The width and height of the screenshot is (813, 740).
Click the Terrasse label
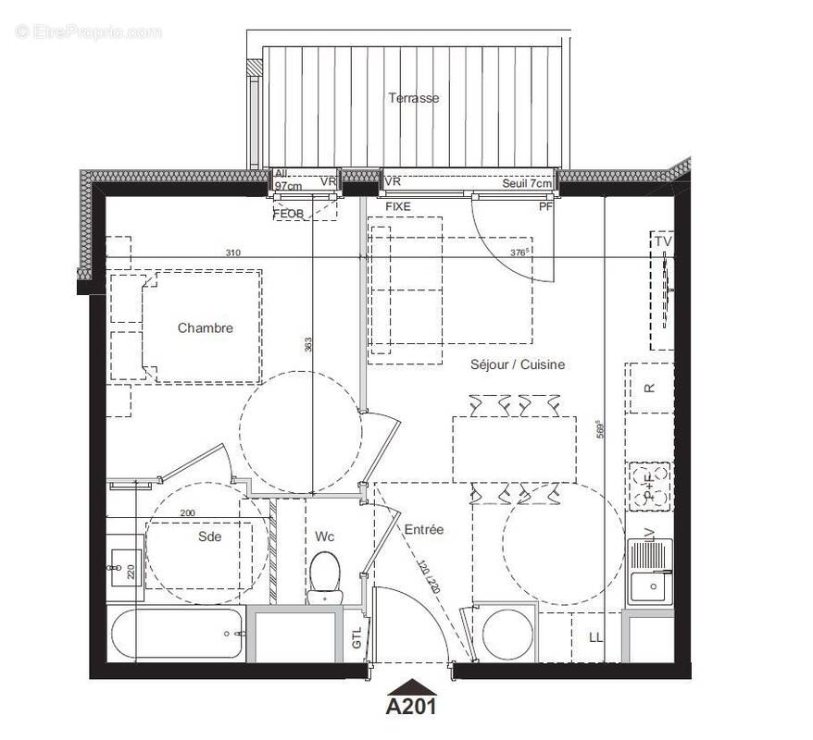(x=413, y=98)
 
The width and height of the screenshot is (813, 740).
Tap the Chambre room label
(x=206, y=327)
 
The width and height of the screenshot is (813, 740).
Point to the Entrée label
(x=423, y=529)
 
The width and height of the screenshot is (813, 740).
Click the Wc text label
(x=324, y=536)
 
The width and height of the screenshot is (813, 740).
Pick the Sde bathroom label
(x=210, y=536)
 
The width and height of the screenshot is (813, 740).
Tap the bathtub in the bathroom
(x=177, y=634)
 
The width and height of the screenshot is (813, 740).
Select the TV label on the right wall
(x=663, y=241)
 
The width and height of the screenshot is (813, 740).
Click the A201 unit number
(x=410, y=708)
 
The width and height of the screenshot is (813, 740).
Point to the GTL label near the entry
(x=357, y=637)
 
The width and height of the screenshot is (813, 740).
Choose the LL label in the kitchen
(x=594, y=638)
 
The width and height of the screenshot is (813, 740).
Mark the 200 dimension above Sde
(x=188, y=512)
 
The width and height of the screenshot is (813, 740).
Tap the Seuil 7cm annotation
(x=527, y=183)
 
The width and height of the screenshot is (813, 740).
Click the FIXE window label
(x=398, y=207)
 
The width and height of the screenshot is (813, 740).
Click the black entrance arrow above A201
(x=410, y=686)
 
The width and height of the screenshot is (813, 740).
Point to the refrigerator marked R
(x=649, y=388)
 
